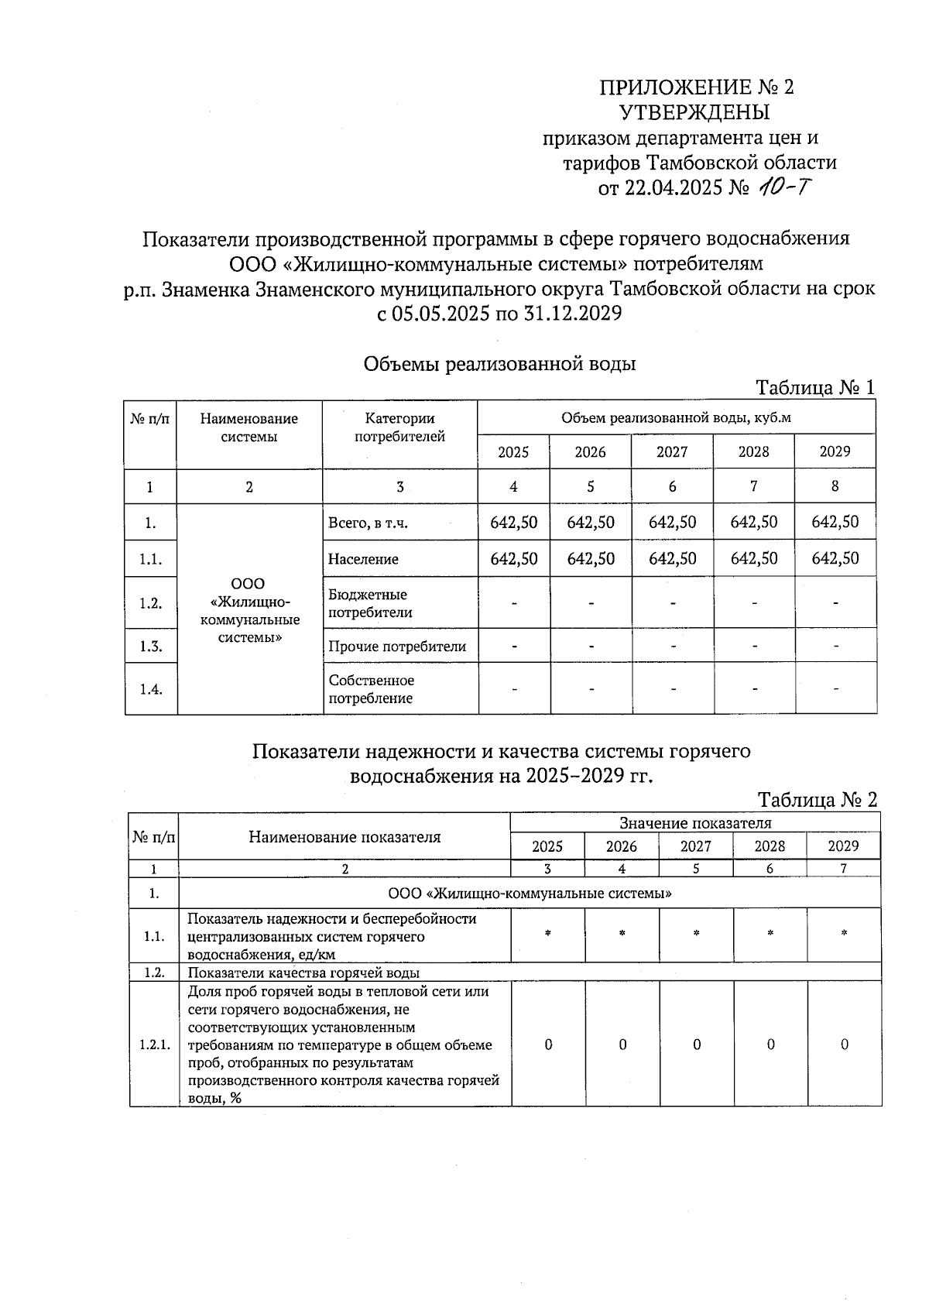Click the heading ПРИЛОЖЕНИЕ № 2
coord(697,87)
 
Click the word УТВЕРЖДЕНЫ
coord(695,113)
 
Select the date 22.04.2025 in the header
coord(674,188)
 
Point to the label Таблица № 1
coord(815,388)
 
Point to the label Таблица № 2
coord(817,800)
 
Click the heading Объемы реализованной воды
coord(499,363)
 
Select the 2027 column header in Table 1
coord(672,451)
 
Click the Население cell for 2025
coord(513,558)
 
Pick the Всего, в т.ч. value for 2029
coord(835,523)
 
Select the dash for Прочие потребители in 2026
coord(591,647)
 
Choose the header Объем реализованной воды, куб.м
coord(676,419)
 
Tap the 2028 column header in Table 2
coord(770,846)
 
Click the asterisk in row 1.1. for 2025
coord(548,935)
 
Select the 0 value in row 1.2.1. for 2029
coord(844,1045)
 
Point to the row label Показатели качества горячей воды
coord(303,973)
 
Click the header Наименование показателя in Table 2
coord(345,837)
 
